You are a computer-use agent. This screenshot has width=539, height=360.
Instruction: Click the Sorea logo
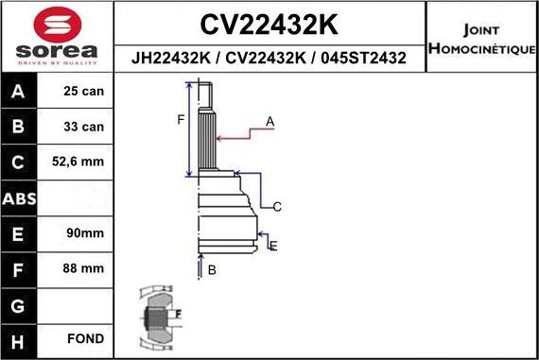point(57,36)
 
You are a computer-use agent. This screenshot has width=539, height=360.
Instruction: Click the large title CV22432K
point(269,23)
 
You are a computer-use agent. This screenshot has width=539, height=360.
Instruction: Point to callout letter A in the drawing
point(269,122)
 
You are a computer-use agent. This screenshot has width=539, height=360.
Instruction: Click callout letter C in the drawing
point(277,207)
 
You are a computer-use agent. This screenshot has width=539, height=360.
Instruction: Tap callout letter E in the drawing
point(273,246)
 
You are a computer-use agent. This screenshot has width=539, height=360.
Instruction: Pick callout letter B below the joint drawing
point(212,270)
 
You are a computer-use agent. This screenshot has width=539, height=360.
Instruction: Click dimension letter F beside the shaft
point(179,119)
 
